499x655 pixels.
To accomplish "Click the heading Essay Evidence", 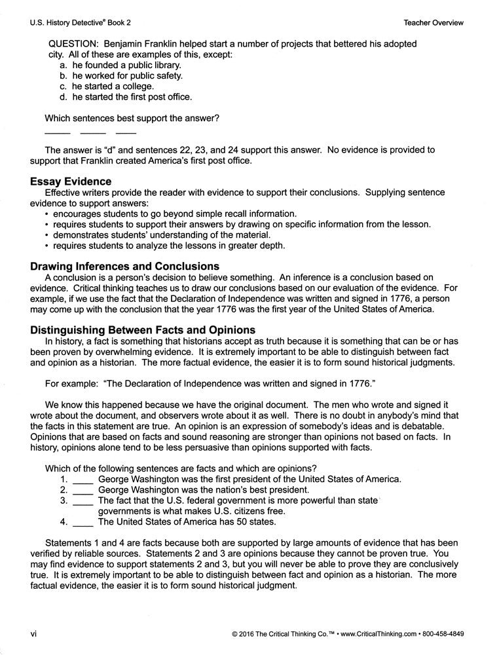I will coord(71,181).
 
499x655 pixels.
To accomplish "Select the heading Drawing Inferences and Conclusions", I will coord(124,267).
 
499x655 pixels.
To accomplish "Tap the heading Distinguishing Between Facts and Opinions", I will coord(143,330).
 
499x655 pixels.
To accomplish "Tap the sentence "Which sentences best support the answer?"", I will coord(132,119).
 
